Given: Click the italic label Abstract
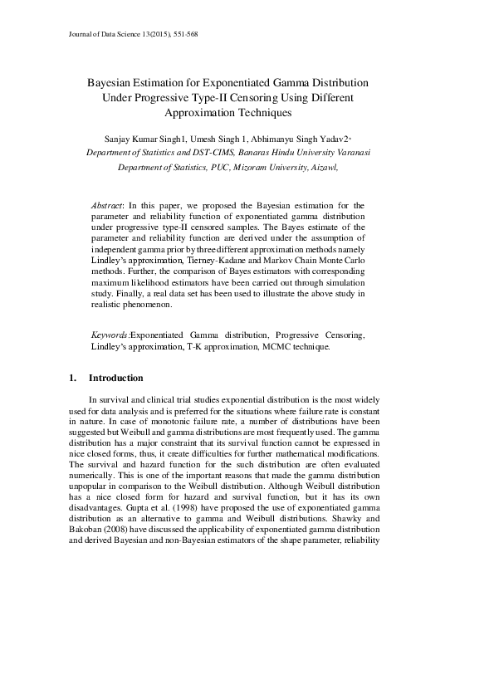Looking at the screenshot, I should pyautogui.click(x=106, y=204).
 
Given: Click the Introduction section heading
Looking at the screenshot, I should pyautogui.click(x=115, y=379).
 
